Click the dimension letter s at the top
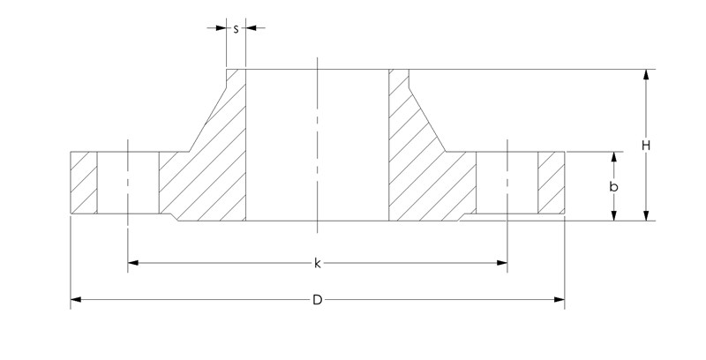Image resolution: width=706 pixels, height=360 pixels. coord(236,28)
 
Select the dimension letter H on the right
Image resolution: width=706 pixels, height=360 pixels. coord(646,145)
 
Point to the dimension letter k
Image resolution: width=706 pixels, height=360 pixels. coord(318,262)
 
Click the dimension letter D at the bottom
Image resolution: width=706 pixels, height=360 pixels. coord(318,300)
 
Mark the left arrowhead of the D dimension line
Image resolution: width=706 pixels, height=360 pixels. coord(76,300)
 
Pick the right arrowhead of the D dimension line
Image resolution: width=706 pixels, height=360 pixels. coord(560,300)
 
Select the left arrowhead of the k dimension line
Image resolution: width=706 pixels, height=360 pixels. coord(133,262)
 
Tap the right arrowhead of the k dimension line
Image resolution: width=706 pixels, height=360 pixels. coord(502,262)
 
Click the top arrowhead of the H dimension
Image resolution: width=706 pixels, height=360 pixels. coord(647,75)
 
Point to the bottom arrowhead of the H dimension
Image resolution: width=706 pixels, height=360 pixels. coord(647,214)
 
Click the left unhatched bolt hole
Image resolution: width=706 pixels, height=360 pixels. coord(127,183)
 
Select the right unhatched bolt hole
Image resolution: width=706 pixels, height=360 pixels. coord(507,183)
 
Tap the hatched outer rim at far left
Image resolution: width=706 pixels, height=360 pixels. coord(83,183)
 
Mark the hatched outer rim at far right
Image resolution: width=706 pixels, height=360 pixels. coord(552,183)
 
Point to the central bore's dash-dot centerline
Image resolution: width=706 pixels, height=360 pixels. coord(317,141)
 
